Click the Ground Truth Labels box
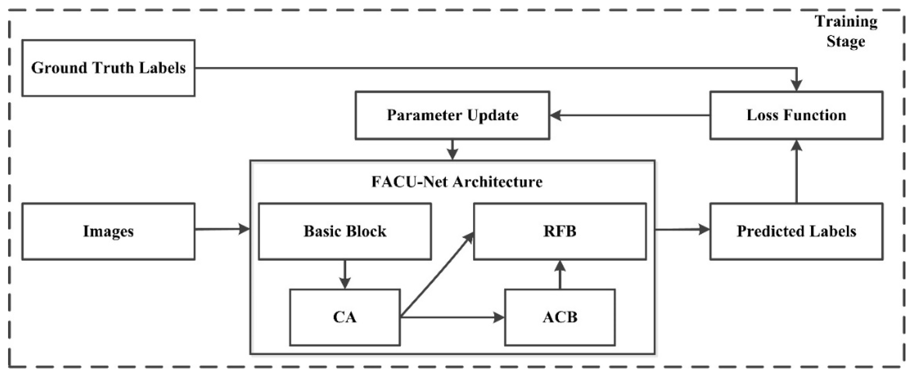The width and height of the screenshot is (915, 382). click(x=108, y=68)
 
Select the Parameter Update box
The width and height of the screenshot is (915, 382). click(x=452, y=115)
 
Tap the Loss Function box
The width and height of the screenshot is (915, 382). click(x=796, y=115)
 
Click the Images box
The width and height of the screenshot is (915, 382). click(x=108, y=231)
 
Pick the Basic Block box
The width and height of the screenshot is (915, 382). click(x=345, y=231)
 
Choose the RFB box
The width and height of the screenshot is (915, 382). click(x=559, y=231)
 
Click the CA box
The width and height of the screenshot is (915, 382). click(x=345, y=317)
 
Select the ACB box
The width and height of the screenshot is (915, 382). click(x=559, y=317)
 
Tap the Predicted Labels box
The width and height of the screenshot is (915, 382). click(x=796, y=231)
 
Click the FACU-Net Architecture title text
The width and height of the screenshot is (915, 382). click(x=457, y=182)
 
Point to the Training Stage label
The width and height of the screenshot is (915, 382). click(x=845, y=32)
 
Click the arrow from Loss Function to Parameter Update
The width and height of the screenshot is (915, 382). click(x=629, y=115)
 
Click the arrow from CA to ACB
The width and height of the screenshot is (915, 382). click(x=451, y=317)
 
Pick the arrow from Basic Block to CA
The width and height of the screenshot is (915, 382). click(x=345, y=274)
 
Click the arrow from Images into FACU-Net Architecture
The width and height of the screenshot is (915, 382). click(x=222, y=230)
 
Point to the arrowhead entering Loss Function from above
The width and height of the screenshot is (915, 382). click(x=797, y=85)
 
